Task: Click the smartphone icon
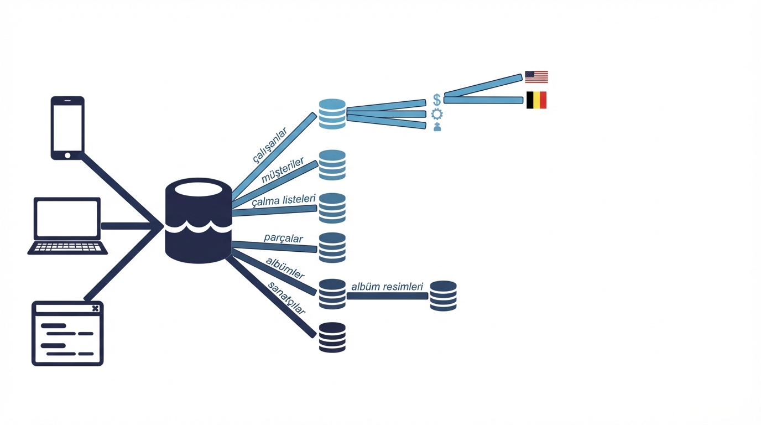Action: (67, 128)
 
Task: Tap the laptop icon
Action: (67, 226)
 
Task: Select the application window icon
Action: (67, 334)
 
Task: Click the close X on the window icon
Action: (96, 308)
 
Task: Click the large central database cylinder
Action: (199, 220)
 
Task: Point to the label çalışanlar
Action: (270, 145)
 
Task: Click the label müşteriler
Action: (283, 170)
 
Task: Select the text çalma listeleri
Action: (284, 200)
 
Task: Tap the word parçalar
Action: (283, 238)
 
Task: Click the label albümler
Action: (285, 268)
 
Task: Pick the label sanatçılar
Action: (286, 298)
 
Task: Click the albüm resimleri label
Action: (387, 287)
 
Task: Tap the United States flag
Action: (536, 77)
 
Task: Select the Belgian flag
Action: (536, 100)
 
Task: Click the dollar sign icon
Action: (437, 100)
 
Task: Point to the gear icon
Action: (437, 114)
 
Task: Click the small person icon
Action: (437, 127)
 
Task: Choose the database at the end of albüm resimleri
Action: (444, 296)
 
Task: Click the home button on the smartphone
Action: (67, 156)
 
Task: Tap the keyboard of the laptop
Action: (67, 247)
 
